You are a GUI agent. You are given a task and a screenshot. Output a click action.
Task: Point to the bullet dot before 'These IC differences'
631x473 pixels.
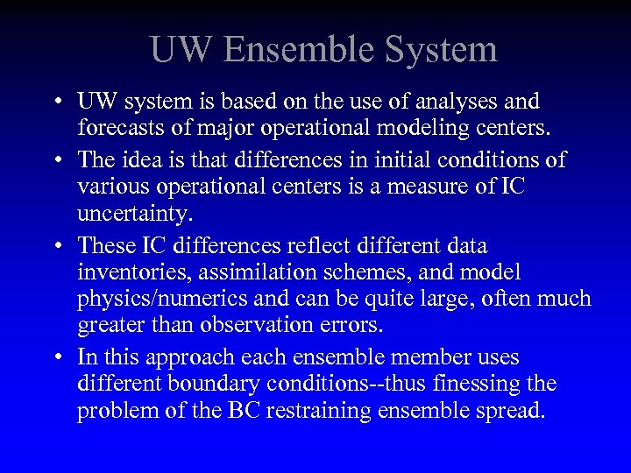click(55, 246)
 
